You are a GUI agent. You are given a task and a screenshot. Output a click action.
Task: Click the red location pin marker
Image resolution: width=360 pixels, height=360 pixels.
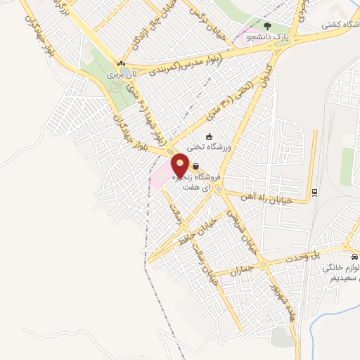(180, 165)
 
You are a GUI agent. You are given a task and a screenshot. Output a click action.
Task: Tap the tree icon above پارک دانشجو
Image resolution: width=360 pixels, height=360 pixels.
(266, 26)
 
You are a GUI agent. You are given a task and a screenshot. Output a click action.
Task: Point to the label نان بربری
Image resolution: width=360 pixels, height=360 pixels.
(120, 73)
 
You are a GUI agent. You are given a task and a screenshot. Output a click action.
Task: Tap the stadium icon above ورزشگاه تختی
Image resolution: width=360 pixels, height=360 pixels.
(207, 136)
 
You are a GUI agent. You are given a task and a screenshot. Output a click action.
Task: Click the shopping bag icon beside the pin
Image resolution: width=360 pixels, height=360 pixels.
(194, 166)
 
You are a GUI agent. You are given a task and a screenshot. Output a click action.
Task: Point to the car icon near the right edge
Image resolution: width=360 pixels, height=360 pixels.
(356, 257)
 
